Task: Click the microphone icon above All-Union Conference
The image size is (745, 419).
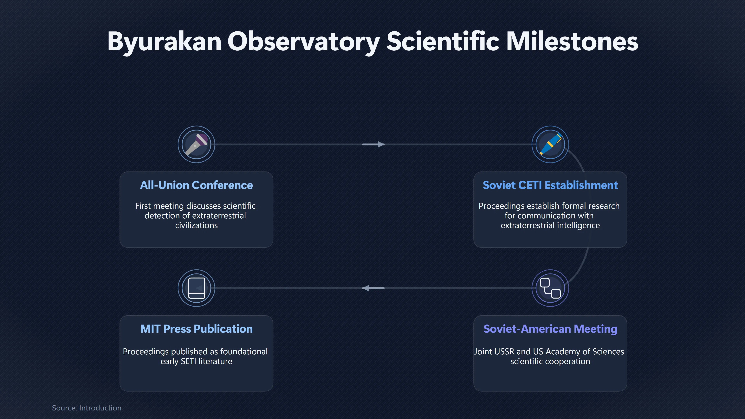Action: coord(196,144)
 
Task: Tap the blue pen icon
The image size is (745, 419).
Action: coord(550,144)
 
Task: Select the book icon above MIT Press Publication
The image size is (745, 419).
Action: coord(196,288)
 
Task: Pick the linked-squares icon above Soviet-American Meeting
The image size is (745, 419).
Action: coord(550,288)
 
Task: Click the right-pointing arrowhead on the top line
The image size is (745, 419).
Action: coord(381,144)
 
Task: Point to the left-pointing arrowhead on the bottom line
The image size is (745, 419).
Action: coord(366,288)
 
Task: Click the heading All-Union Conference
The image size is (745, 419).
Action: coord(196,185)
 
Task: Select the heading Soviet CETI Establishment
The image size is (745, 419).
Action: coord(550,185)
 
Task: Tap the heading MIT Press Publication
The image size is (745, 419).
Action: coord(196,329)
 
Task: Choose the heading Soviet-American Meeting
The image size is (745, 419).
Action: coord(550,329)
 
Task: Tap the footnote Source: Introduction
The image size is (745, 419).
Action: coord(87,408)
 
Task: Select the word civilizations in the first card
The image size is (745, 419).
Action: coord(196,225)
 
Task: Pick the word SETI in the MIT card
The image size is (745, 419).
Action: coord(189,361)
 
